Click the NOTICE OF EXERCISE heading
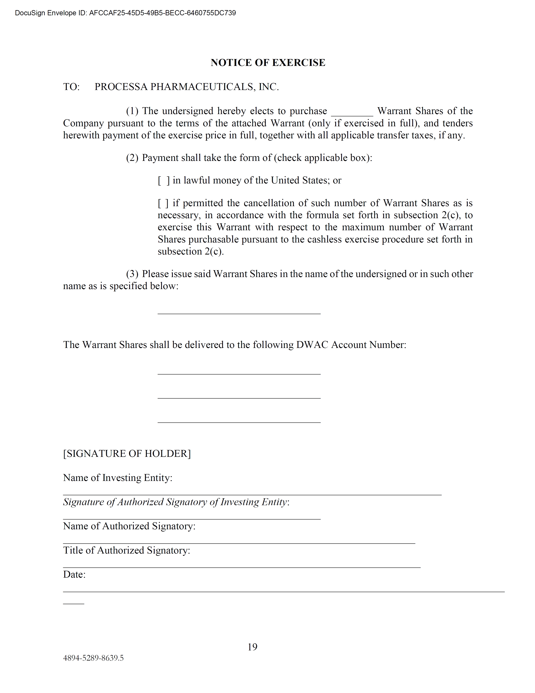(268, 62)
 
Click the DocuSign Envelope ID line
(125, 13)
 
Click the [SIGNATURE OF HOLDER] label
(127, 453)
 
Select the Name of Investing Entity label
(118, 477)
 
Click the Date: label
(74, 574)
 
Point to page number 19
(252, 647)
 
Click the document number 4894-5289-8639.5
(93, 658)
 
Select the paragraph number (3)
(132, 274)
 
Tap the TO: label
(71, 87)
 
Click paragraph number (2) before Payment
(132, 158)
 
